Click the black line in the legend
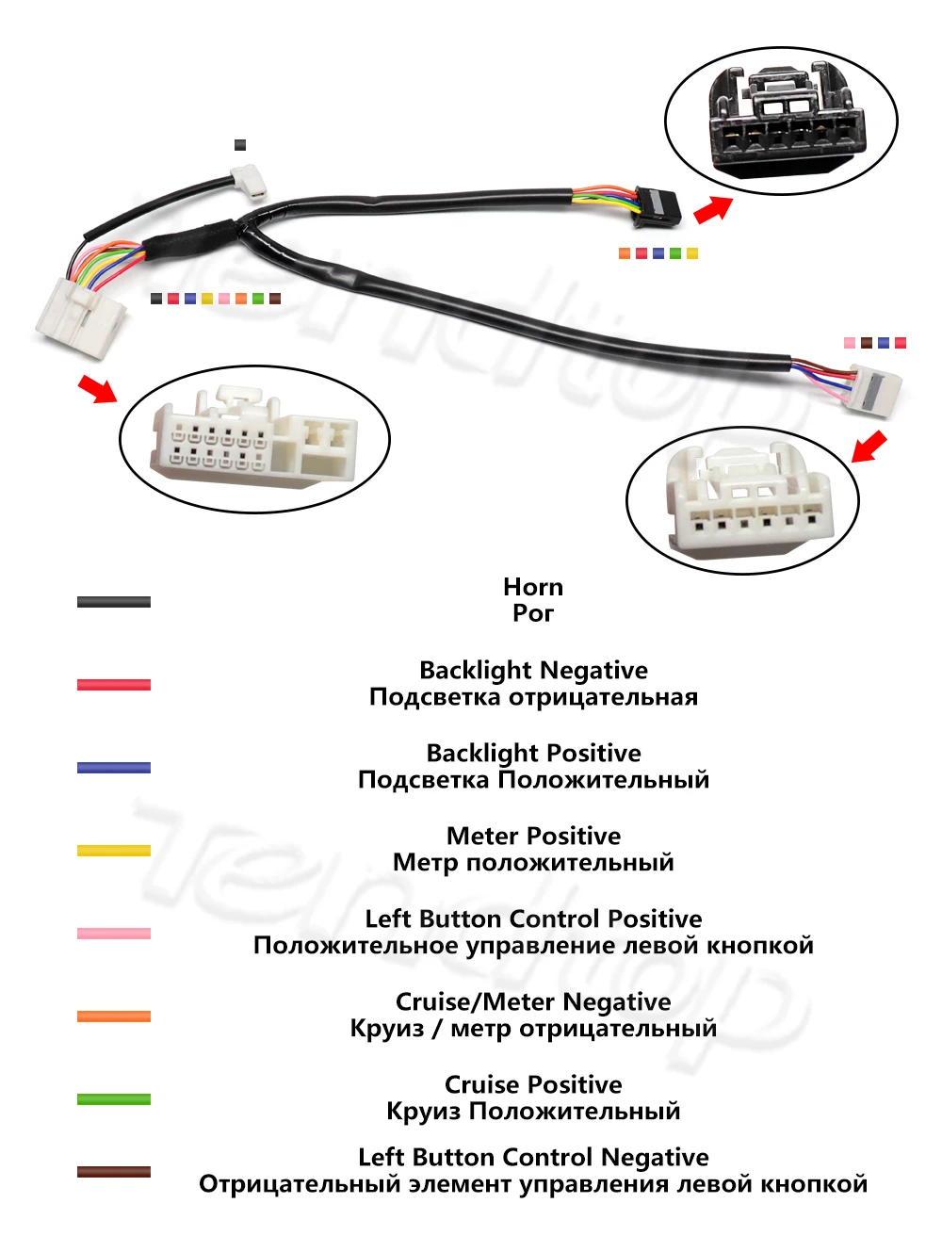click(113, 602)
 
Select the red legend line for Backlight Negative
click(113, 685)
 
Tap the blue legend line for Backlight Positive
click(113, 768)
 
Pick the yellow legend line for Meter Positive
click(113, 851)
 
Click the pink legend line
click(113, 934)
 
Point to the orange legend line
click(113, 1016)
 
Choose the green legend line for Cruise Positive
click(113, 1099)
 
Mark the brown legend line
click(113, 1172)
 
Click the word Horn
click(533, 588)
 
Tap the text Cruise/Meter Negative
click(533, 1001)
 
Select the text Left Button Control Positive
click(533, 919)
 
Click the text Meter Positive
click(533, 836)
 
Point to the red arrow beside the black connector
click(713, 209)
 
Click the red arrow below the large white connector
click(97, 387)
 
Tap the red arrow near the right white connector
click(869, 447)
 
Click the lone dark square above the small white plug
click(240, 145)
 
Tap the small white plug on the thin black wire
click(249, 180)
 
